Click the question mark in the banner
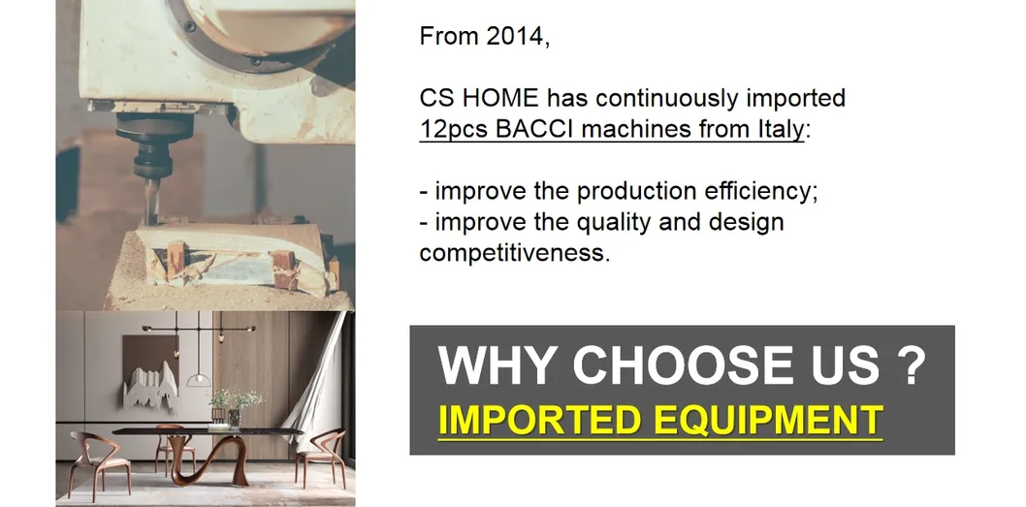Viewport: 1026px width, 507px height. pos(907,365)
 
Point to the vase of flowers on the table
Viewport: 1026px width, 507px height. pos(233,407)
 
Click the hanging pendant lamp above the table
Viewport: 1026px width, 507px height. pos(199,376)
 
